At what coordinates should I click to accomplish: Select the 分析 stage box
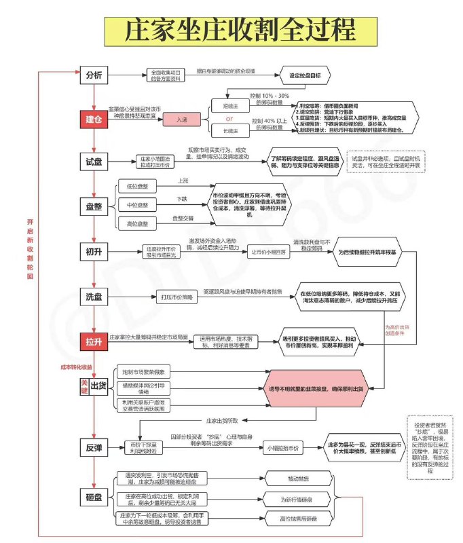[x=94, y=75]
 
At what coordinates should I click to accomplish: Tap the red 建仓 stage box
[x=94, y=119]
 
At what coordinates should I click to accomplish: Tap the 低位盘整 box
[x=137, y=186]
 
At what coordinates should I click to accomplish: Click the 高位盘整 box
[x=137, y=223]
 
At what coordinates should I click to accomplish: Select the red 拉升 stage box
[x=94, y=340]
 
